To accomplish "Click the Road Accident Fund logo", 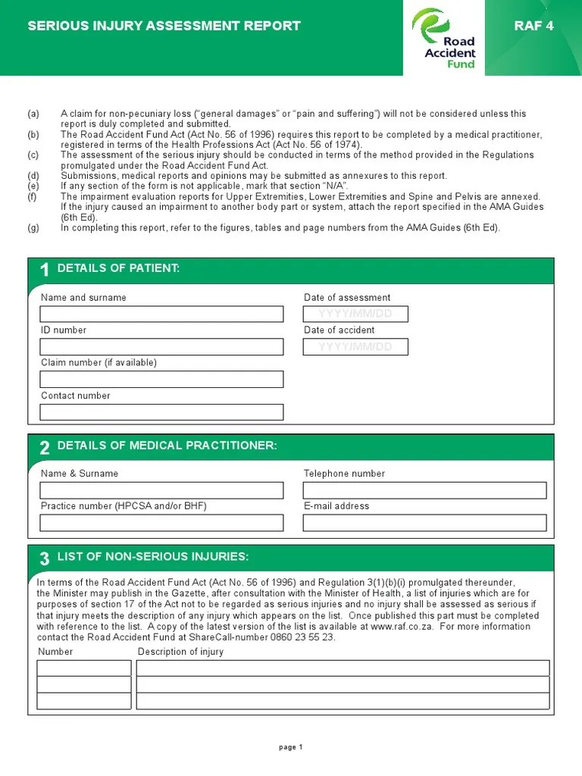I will (444, 38).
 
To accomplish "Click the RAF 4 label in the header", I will (533, 26).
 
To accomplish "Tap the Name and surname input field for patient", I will (161, 314).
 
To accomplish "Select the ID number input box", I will (161, 346).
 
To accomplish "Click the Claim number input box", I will (161, 379).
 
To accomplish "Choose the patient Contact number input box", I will (161, 411).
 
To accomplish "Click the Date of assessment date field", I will (355, 314).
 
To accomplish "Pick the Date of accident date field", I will (355, 346).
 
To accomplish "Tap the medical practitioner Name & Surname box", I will (161, 490).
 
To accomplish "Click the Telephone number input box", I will (424, 490).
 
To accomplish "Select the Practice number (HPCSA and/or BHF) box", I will (161, 523).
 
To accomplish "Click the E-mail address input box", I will (424, 523).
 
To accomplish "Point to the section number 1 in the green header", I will (45, 271).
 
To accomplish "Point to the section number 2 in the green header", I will (45, 448).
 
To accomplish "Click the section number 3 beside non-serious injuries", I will (45, 559).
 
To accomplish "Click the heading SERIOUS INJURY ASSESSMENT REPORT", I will (164, 26).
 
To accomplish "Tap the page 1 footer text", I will (291, 747).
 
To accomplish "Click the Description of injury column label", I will (180, 652).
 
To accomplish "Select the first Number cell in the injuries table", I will (84, 668).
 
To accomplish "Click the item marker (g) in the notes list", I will (33, 227).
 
